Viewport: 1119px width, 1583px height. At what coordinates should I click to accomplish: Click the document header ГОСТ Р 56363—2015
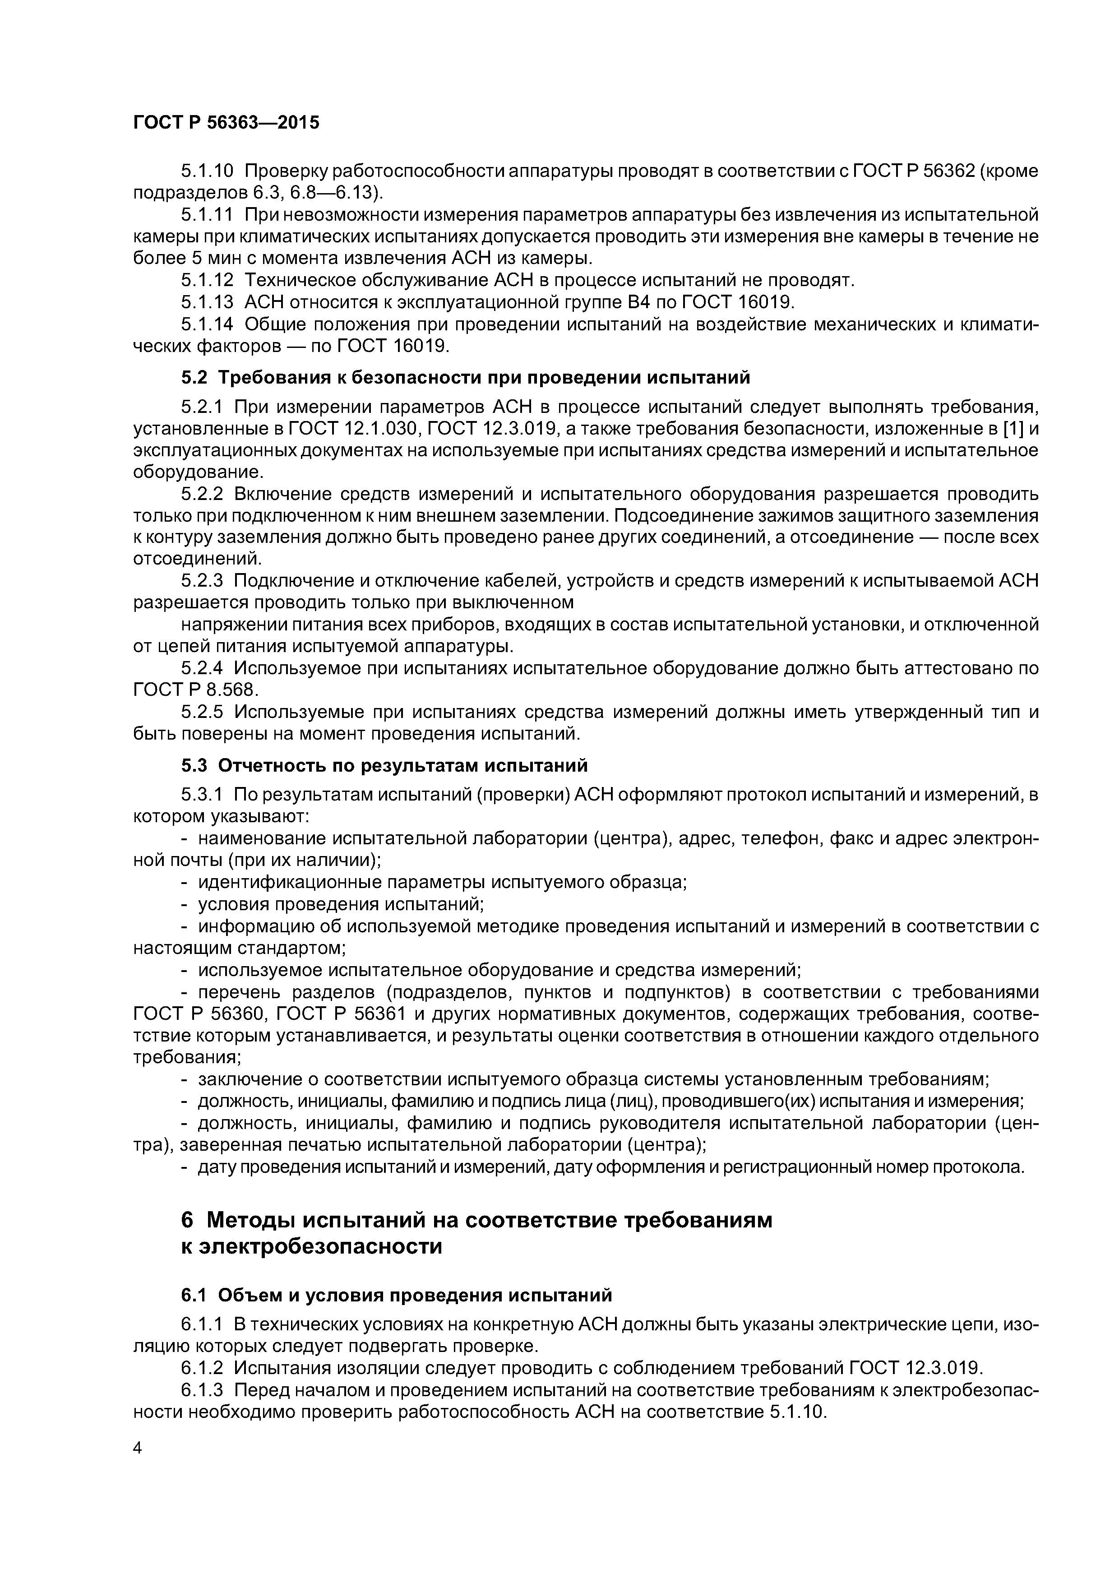[x=226, y=123]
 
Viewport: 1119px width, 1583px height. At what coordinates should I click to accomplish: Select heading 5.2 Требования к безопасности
[x=465, y=377]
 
